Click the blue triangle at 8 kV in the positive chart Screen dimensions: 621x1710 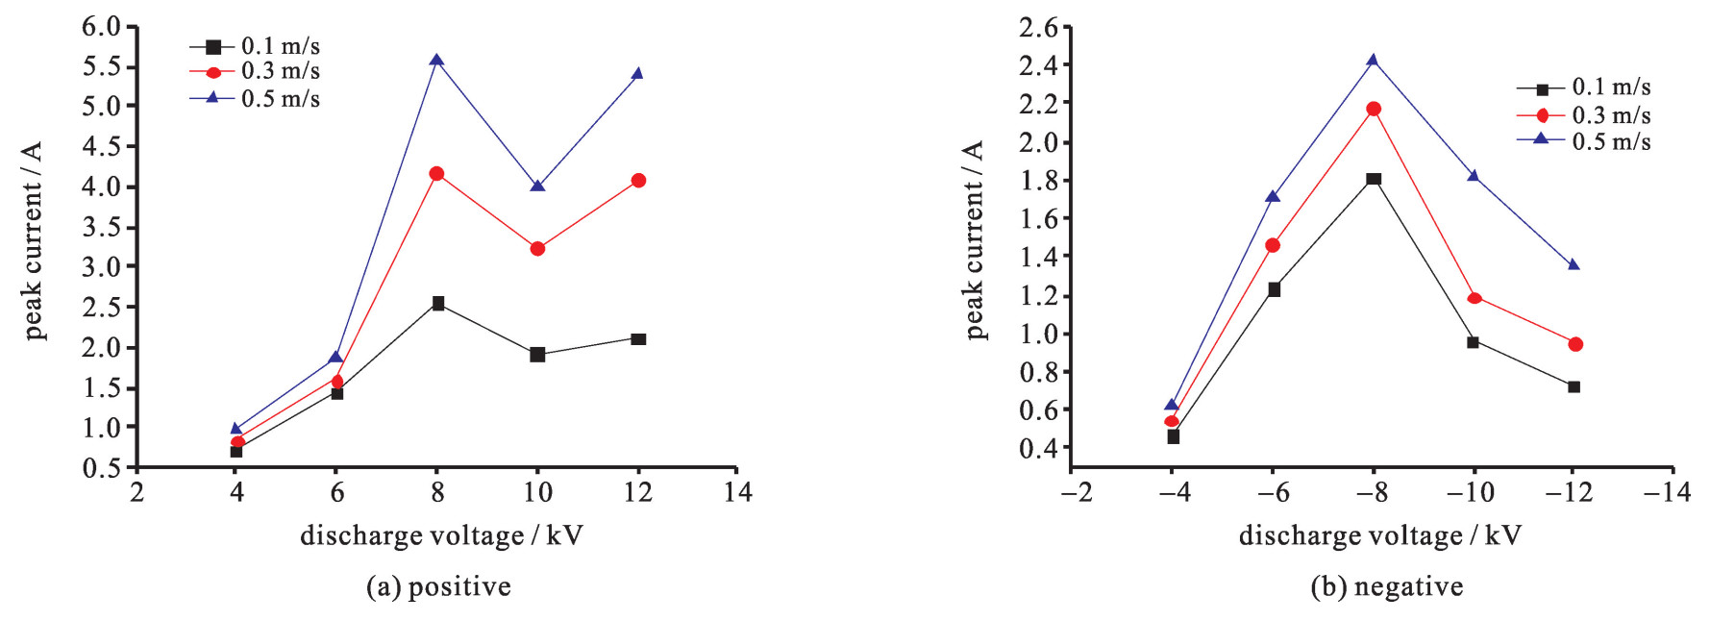436,61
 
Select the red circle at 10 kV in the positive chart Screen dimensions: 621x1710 537,249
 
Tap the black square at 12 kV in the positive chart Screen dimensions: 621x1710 638,339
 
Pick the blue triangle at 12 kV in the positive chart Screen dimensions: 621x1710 637,74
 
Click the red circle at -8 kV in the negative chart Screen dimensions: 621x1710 1374,109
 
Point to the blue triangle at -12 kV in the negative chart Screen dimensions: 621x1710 1574,264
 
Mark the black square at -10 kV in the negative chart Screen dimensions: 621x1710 1474,341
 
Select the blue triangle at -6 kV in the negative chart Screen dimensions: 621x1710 1273,197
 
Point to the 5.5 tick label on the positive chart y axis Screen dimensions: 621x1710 102,66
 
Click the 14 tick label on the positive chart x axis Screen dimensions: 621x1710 737,492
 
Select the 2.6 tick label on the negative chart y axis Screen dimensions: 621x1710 1038,29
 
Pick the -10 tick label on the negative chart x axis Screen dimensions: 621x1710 1470,492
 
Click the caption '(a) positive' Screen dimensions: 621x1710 438,586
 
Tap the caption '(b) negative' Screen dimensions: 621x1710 1386,586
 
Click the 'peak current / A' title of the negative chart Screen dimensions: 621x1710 975,240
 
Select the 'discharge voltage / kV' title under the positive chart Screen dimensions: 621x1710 441,535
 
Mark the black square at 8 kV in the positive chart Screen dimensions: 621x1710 438,304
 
